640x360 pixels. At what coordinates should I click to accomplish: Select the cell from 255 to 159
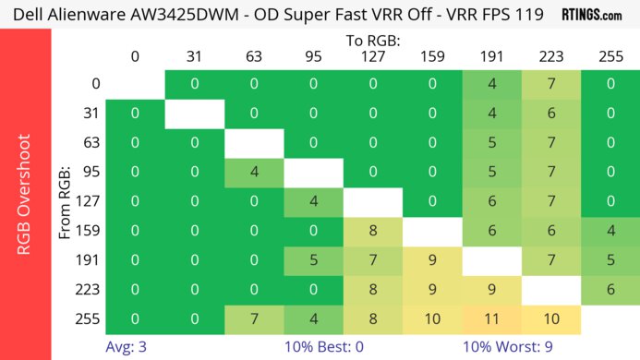tap(431, 318)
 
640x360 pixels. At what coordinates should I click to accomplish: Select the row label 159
tap(91, 231)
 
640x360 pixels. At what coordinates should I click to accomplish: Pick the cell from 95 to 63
tap(254, 172)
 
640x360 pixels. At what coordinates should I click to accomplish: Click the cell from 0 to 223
tap(549, 84)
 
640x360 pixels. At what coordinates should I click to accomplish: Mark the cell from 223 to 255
tap(609, 289)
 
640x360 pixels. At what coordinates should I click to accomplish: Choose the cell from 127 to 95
tap(313, 201)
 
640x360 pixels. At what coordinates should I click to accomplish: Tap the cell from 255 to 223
tap(549, 318)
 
